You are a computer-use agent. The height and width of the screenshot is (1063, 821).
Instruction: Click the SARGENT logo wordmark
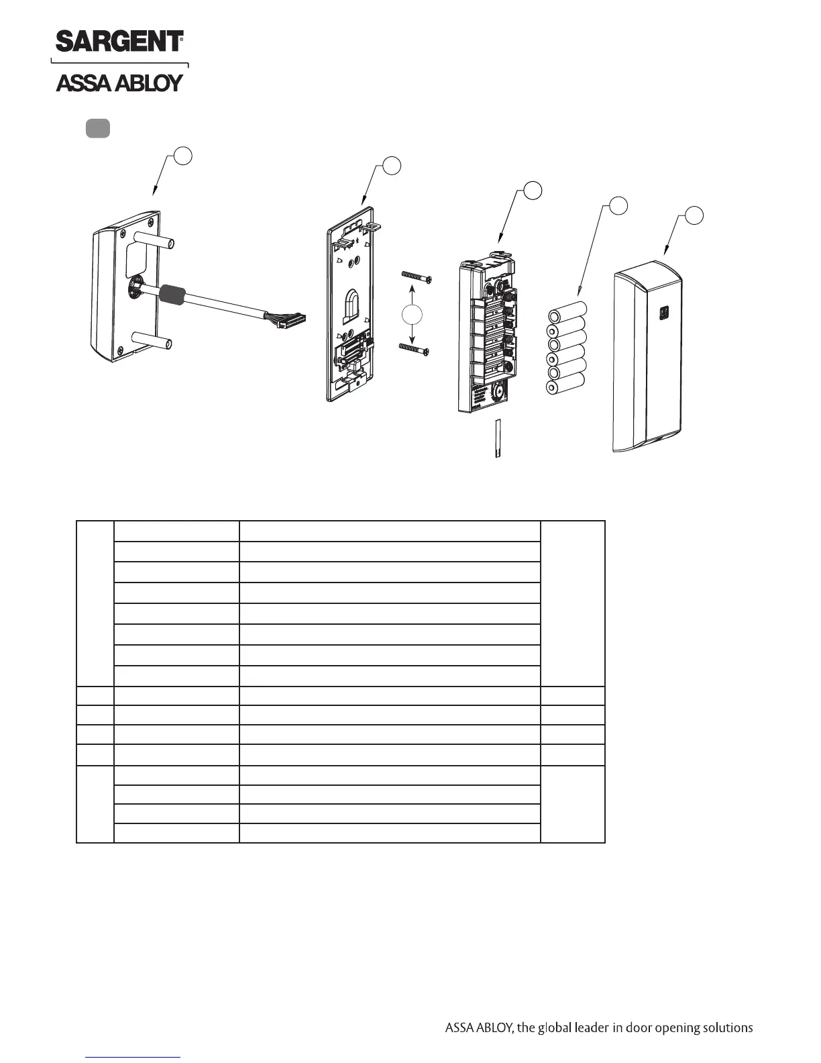119,42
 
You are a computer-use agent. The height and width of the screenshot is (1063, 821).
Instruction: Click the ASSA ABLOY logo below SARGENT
119,83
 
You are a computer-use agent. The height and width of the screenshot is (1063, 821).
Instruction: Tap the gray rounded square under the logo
98,128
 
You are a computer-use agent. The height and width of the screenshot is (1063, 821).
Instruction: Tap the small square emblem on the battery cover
664,312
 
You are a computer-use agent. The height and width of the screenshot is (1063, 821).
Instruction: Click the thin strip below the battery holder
498,438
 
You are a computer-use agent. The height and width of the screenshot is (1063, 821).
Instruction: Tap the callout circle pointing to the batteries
618,205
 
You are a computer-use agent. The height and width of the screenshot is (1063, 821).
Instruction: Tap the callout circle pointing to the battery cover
694,215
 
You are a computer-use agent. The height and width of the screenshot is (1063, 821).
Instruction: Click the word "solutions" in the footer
726,1028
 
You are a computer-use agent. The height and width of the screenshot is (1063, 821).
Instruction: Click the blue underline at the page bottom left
133,1057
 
